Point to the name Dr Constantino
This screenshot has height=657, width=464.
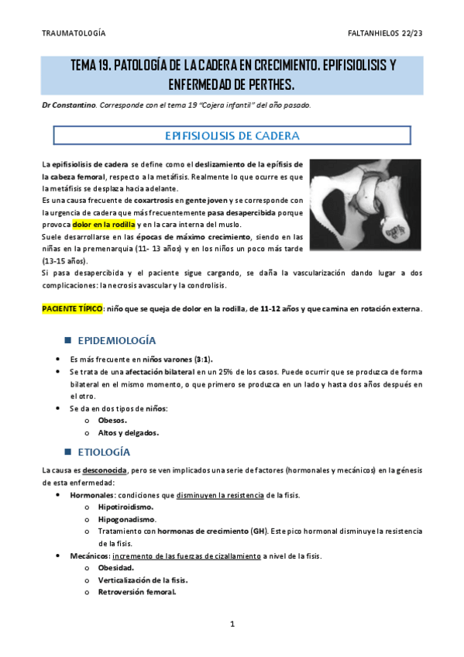(x=69, y=105)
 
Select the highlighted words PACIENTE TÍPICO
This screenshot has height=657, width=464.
(x=71, y=308)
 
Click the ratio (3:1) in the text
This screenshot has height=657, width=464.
(x=200, y=359)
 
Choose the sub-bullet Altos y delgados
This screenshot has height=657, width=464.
(x=128, y=433)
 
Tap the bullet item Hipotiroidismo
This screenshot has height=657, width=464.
(x=125, y=507)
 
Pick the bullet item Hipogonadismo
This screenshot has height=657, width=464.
(x=126, y=519)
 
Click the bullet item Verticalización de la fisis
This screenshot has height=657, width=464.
(x=143, y=580)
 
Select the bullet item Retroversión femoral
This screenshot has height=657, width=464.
(x=136, y=592)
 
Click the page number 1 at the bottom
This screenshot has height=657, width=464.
(x=232, y=624)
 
